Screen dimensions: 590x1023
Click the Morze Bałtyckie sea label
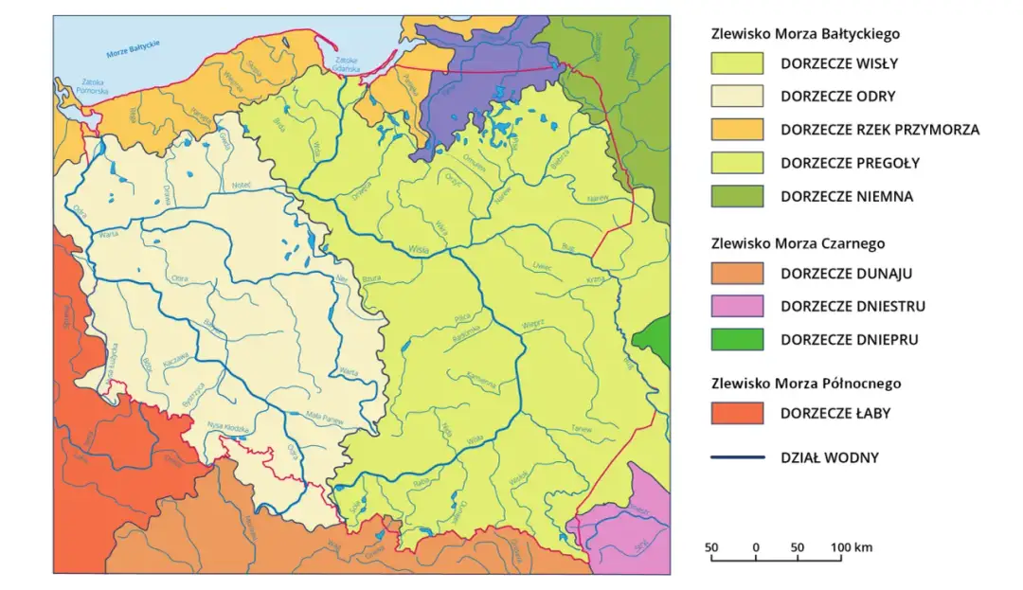133,48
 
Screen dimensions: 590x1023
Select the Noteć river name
240,186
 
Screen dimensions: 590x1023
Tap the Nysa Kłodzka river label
228,425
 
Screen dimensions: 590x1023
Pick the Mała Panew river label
325,417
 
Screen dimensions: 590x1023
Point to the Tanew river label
581,428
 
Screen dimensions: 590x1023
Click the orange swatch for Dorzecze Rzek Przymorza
737,129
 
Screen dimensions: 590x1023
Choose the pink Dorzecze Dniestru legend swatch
737,306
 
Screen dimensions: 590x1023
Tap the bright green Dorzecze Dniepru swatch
737,339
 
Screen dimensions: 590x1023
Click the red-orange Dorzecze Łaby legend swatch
737,413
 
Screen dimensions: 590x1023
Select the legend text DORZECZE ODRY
837,96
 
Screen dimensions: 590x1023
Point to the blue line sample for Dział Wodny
737,457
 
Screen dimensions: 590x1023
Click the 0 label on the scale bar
756,547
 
